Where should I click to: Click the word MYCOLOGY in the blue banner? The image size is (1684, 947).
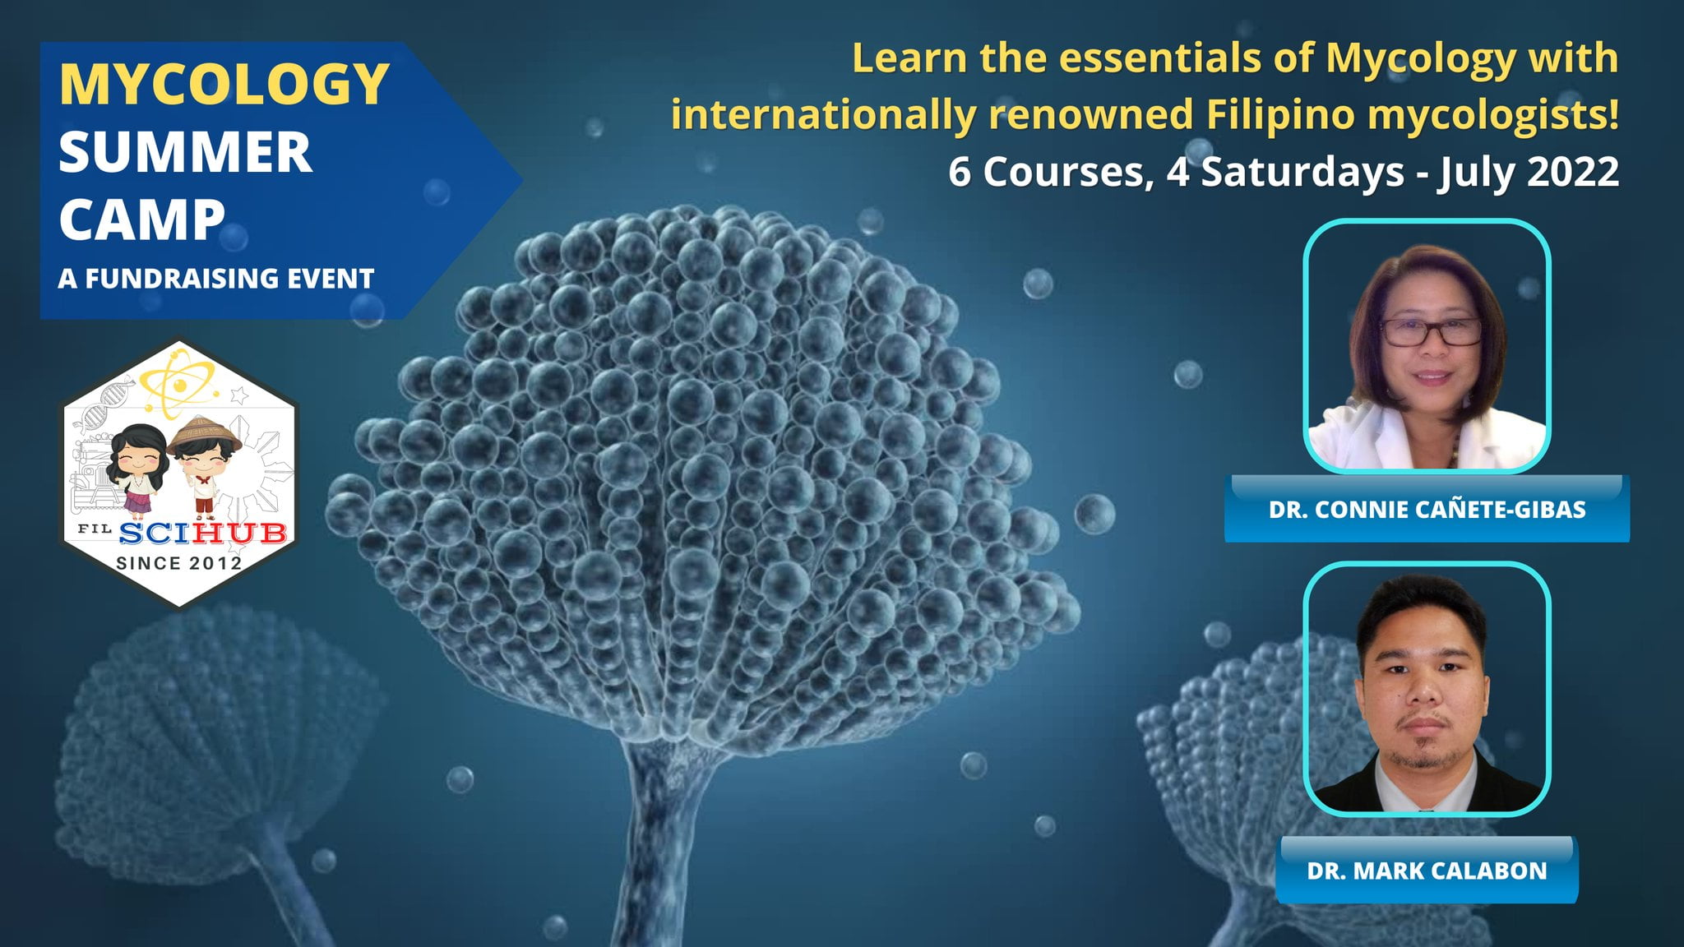point(224,84)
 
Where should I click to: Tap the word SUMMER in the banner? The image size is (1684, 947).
point(185,153)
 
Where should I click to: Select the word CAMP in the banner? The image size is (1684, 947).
point(141,220)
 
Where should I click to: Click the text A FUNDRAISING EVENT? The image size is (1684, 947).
point(215,279)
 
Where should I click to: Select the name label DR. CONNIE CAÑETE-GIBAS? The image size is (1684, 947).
point(1427,510)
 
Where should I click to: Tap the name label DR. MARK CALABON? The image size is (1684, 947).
point(1427,871)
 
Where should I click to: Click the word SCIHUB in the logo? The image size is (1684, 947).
point(202,534)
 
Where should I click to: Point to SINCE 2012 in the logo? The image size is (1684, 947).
point(178,564)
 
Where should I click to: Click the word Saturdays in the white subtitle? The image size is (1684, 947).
point(1302,172)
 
